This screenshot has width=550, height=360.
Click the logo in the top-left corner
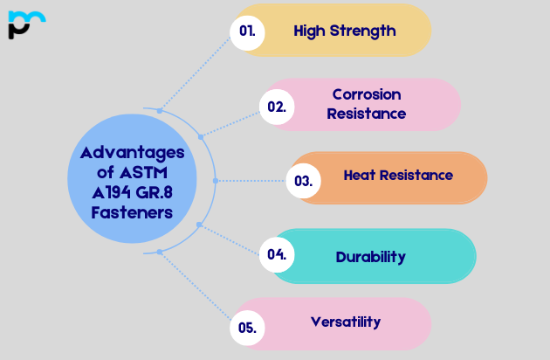pyautogui.click(x=25, y=24)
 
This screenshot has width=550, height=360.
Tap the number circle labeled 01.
pyautogui.click(x=247, y=31)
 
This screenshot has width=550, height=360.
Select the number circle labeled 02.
pyautogui.click(x=277, y=107)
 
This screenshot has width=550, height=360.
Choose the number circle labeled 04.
pyautogui.click(x=277, y=255)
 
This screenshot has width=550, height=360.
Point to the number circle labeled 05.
pyautogui.click(x=247, y=329)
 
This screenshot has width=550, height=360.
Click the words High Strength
pyautogui.click(x=344, y=31)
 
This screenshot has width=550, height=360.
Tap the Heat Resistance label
pyautogui.click(x=398, y=176)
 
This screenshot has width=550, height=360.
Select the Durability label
pyautogui.click(x=371, y=257)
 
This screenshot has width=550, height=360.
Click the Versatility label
pyautogui.click(x=346, y=322)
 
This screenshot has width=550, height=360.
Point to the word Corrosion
pyautogui.click(x=367, y=94)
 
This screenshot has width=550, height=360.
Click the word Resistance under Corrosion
pyautogui.click(x=367, y=114)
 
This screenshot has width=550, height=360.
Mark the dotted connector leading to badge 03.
pyautogui.click(x=251, y=181)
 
